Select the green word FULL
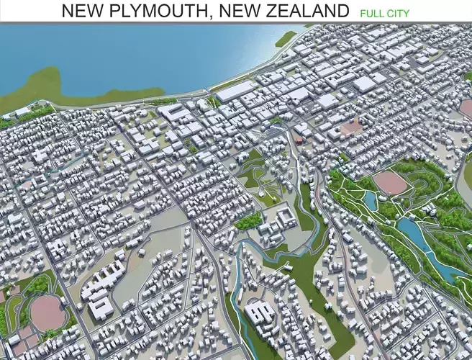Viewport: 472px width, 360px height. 371,13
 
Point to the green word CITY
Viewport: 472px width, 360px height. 396,13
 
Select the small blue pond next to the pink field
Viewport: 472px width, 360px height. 370,200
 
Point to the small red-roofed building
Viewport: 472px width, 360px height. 299,140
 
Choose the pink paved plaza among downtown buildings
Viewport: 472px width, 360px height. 352,127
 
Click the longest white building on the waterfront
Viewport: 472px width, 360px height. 235,91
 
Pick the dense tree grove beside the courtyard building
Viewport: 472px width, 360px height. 249,220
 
